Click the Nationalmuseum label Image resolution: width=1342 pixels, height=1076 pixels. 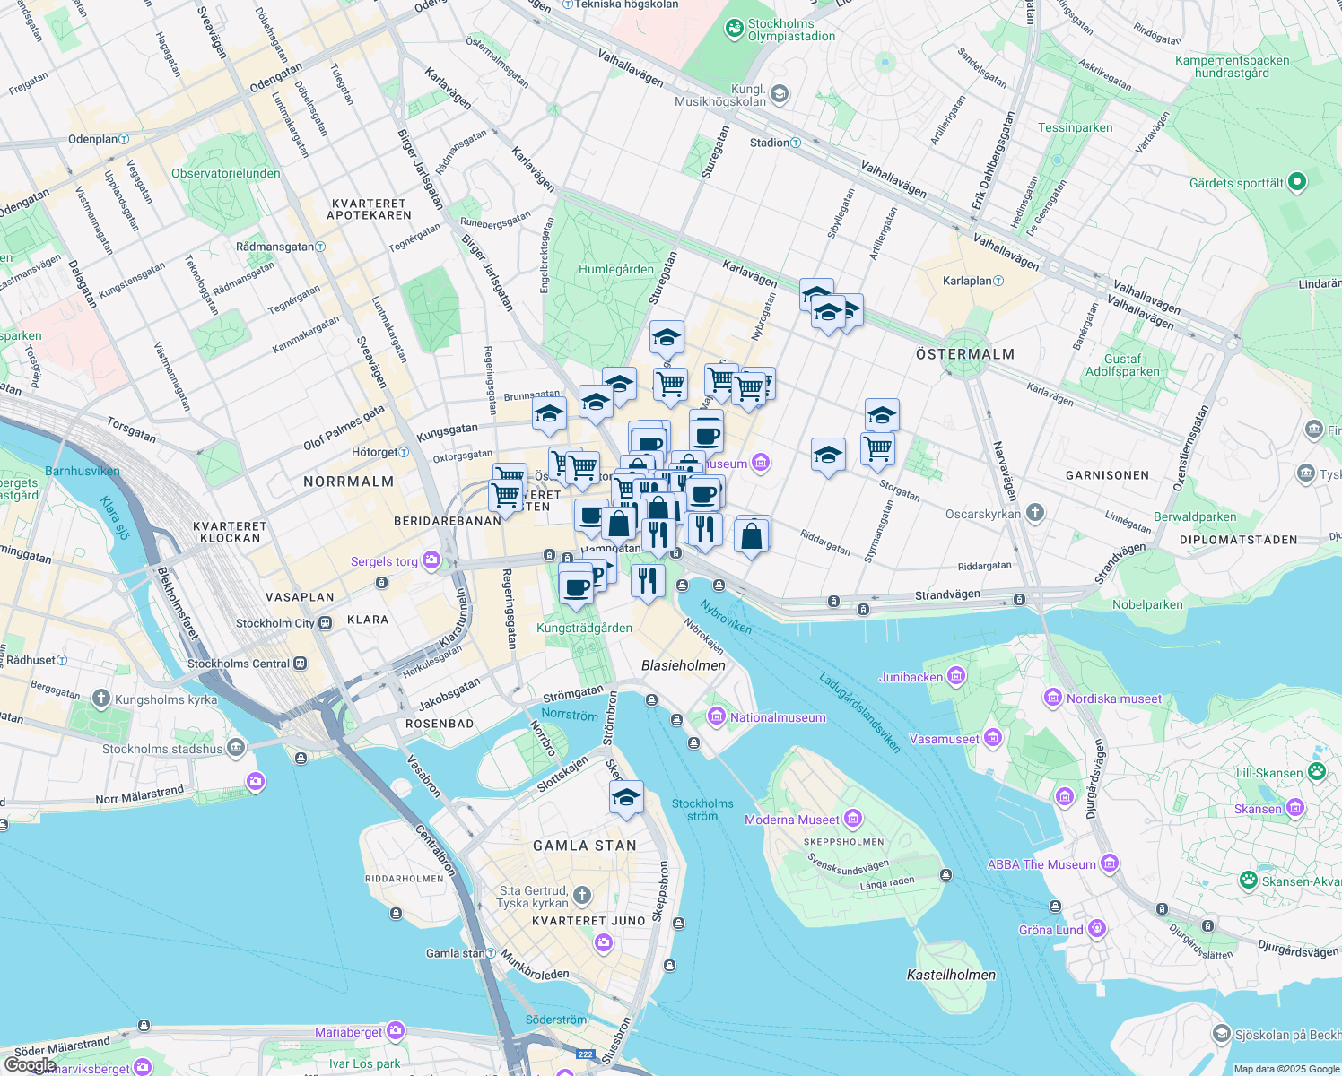777,717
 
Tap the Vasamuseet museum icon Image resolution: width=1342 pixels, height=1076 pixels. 993,738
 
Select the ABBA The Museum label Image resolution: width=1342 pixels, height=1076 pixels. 1041,864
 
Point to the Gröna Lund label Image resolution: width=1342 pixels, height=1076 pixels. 1051,930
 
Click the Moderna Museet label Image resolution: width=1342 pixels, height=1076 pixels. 791,820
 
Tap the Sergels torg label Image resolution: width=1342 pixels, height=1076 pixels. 384,561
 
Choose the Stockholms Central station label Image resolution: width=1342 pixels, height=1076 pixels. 239,664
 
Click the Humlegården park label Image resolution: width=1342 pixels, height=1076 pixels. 616,269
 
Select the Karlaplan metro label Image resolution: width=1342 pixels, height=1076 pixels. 967,281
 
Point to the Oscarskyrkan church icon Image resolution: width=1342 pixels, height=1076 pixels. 1035,513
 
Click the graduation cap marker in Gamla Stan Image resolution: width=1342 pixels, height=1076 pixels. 626,797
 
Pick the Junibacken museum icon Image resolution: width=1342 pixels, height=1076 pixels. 956,676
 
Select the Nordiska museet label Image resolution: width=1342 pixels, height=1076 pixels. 1113,699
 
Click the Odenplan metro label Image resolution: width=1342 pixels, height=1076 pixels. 93,139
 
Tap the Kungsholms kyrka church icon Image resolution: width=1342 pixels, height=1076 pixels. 100,699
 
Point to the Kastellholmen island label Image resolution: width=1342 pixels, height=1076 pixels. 951,975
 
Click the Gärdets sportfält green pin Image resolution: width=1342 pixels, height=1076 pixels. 1296,182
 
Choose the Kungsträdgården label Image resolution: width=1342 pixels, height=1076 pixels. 584,628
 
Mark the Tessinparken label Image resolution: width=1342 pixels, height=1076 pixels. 1075,127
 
